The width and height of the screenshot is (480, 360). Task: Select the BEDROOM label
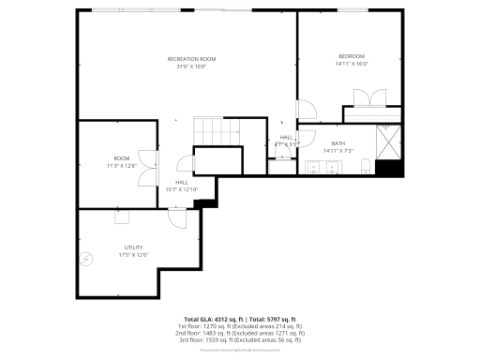[352, 56]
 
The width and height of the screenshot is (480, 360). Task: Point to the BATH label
[337, 143]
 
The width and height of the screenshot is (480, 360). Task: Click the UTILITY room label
[133, 247]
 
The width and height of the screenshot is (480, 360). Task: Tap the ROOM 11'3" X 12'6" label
[122, 161]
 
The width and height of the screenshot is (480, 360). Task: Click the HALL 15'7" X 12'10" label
[182, 186]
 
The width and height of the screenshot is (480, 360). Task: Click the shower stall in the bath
[388, 141]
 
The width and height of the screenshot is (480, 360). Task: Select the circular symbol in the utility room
[88, 260]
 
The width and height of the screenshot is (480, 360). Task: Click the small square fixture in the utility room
[122, 217]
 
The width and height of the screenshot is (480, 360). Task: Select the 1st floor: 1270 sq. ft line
[240, 326]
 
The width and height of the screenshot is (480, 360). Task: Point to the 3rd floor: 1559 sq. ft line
[240, 339]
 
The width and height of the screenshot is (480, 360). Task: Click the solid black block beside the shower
[388, 169]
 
